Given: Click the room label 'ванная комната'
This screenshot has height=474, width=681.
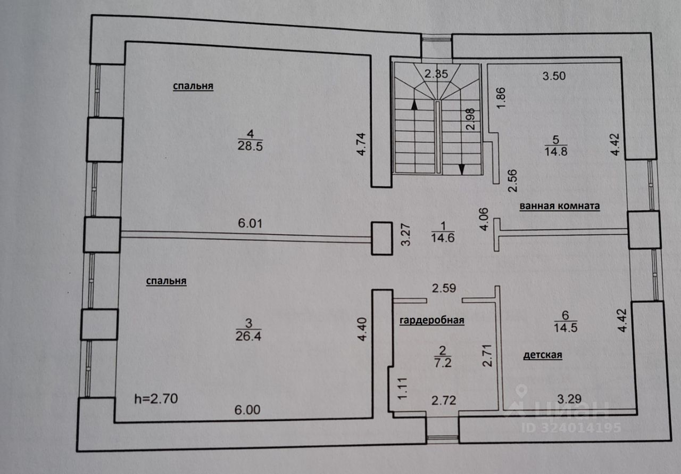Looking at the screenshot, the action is pyautogui.click(x=560, y=206).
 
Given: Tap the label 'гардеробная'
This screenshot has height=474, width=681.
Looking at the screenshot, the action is pyautogui.click(x=432, y=320).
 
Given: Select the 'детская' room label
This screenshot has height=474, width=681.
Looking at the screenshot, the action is pyautogui.click(x=543, y=355).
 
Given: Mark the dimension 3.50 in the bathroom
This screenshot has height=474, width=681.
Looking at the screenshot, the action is pyautogui.click(x=553, y=76).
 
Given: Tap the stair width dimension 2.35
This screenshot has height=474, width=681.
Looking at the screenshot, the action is pyautogui.click(x=436, y=74).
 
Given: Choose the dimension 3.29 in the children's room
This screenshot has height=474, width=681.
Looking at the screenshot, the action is pyautogui.click(x=568, y=397).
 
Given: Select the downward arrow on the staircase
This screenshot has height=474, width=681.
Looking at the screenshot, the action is pyautogui.click(x=461, y=168).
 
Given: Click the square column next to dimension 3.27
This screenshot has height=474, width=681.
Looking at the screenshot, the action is pyautogui.click(x=381, y=238).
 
